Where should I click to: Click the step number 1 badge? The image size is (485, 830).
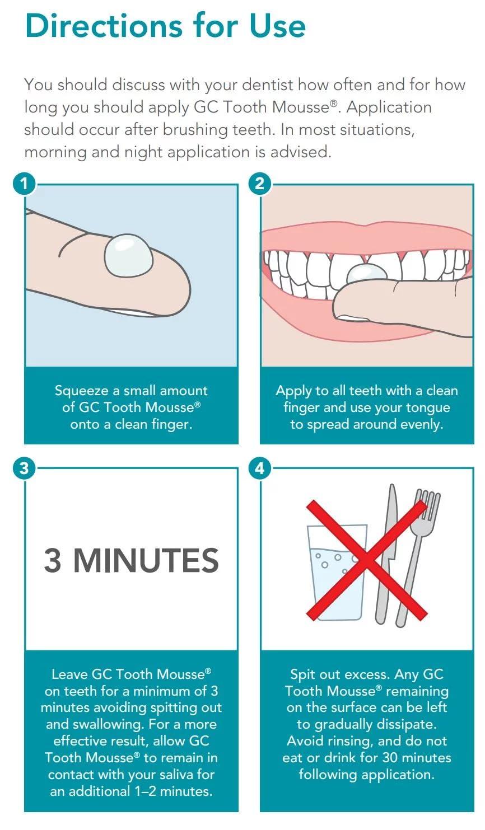(24, 184)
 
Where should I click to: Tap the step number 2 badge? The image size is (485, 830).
(259, 184)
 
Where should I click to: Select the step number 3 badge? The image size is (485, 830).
(24, 468)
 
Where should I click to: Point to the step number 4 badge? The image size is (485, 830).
(259, 468)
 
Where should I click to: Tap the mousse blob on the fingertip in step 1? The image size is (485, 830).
(128, 255)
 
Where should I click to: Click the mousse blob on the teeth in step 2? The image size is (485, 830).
(366, 275)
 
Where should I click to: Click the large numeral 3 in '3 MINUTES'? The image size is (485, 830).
(53, 560)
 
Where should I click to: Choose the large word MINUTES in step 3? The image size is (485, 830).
(146, 560)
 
